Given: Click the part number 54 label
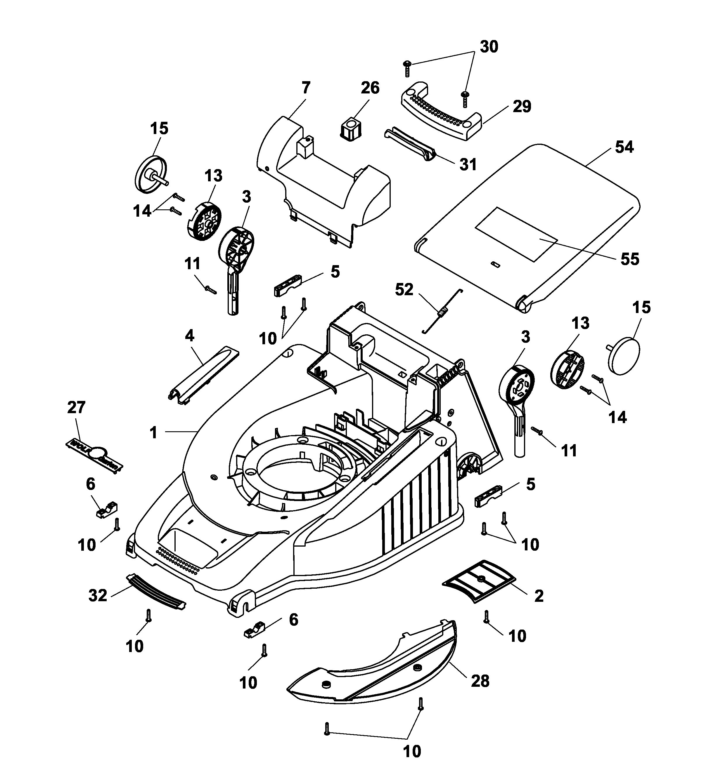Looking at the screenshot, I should [624, 147].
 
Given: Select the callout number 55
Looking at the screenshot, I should [629, 259].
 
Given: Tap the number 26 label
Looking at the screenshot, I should [370, 88].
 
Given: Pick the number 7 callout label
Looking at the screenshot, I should [306, 88].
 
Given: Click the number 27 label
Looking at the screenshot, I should [76, 407].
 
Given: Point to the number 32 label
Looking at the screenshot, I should [98, 595].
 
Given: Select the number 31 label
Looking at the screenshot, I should [468, 165].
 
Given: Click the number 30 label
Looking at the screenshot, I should [489, 47].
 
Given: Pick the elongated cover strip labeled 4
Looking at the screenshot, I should [204, 376].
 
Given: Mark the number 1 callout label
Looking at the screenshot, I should [153, 433].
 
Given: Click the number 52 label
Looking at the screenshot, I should [404, 289].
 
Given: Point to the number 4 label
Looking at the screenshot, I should [189, 336].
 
